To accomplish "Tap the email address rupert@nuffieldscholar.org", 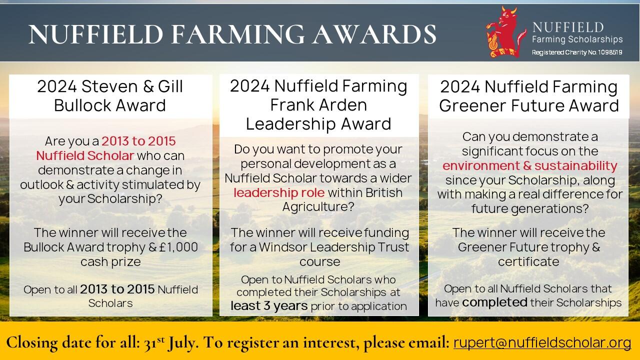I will click(542, 342).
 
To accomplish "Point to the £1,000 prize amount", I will click(178, 247).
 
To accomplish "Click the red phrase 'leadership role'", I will click(279, 192).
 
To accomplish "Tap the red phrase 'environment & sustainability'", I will click(530, 165).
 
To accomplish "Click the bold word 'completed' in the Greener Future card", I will click(494, 302).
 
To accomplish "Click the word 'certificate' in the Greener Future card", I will click(528, 261).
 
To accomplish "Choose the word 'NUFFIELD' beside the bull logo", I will click(567, 27).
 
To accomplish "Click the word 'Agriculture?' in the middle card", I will click(318, 206).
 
